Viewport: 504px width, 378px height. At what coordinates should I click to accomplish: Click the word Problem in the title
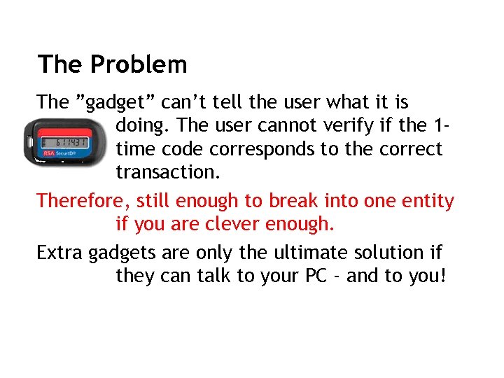point(139,65)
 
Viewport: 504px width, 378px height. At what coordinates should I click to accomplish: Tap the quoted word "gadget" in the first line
point(115,102)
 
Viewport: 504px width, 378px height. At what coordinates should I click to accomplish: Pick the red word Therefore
point(83,202)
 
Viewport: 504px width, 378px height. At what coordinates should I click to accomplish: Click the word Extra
point(60,253)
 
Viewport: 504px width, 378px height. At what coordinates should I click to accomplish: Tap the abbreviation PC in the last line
point(315,276)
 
